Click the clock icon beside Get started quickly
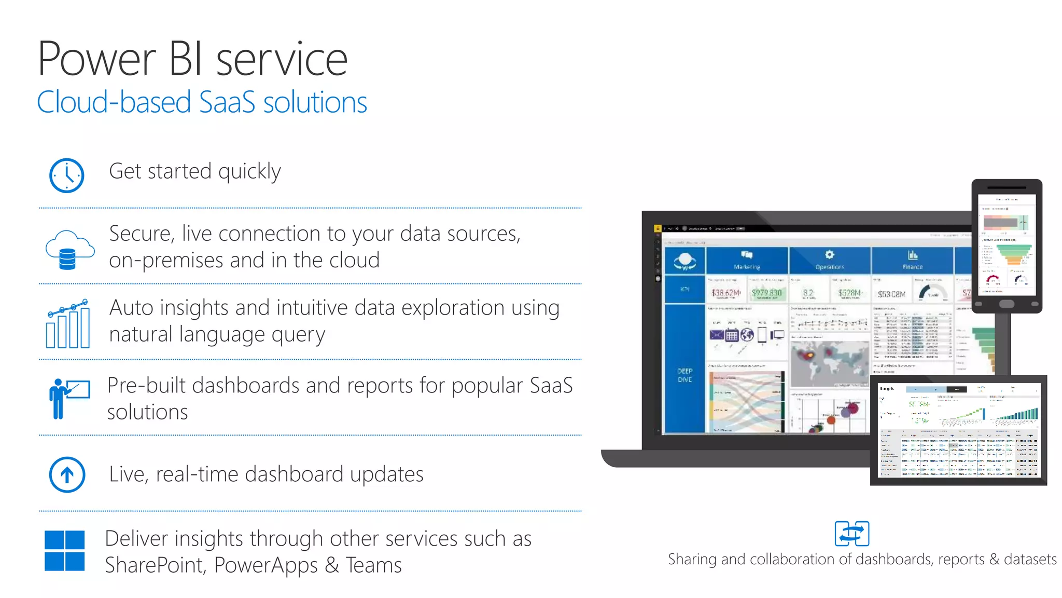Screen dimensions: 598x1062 66,175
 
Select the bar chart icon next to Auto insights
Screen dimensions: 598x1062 68,324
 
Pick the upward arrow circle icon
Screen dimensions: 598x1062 67,474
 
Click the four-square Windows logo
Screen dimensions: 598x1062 65,550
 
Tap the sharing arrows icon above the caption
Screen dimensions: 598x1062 851,534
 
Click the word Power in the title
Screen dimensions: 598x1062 97,59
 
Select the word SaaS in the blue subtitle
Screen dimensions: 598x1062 227,102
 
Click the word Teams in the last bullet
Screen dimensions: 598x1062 373,565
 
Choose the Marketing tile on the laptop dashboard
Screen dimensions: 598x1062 747,260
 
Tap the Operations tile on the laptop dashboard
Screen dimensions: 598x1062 829,260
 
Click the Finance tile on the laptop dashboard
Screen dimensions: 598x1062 912,260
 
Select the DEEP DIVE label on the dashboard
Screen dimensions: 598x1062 684,375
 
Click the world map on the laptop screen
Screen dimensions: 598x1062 829,363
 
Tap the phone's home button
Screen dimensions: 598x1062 1007,304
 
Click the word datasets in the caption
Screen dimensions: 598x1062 1030,559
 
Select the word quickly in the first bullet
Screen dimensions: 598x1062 249,171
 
